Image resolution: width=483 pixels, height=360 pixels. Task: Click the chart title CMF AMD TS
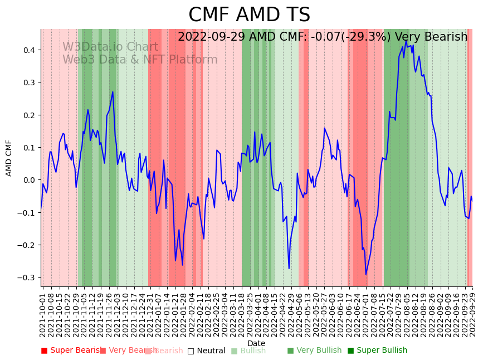pyautogui.click(x=249, y=15)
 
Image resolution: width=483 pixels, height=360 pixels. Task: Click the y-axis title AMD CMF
pyautogui.click(x=9, y=158)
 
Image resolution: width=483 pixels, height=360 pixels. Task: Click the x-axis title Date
pyautogui.click(x=256, y=343)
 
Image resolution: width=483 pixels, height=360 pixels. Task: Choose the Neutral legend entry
pyautogui.click(x=207, y=351)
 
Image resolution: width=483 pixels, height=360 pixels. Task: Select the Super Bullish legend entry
pyautogui.click(x=378, y=351)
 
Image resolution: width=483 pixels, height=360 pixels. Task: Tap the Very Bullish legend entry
pyautogui.click(x=315, y=351)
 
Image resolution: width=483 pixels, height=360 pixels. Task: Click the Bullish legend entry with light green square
pyautogui.click(x=248, y=351)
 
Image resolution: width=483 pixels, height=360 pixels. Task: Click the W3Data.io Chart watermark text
pyautogui.click(x=110, y=47)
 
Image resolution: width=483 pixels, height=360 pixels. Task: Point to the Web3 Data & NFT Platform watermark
pyautogui.click(x=140, y=60)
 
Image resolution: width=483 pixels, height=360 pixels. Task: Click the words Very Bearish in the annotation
pyautogui.click(x=431, y=37)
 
